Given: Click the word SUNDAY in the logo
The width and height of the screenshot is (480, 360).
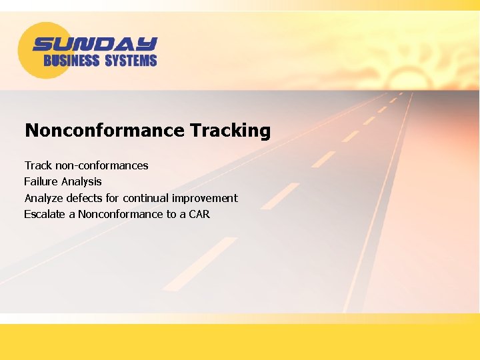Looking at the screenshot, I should (95, 44).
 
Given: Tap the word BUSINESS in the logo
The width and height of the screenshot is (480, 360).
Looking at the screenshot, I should (71, 61).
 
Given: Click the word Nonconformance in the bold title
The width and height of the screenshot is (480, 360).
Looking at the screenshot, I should (105, 130).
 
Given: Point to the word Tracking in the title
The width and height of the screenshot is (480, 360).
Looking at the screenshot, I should (230, 130).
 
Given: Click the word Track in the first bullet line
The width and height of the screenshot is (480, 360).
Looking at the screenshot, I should (38, 165).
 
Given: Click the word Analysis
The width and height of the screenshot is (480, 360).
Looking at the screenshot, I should (81, 181).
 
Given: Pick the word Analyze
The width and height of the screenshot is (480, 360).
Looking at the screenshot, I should (44, 198).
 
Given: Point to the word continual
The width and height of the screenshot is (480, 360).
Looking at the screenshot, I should (146, 198).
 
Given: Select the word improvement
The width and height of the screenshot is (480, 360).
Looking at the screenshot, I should (205, 198).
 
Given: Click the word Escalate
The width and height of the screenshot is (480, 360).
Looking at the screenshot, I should (45, 214).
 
